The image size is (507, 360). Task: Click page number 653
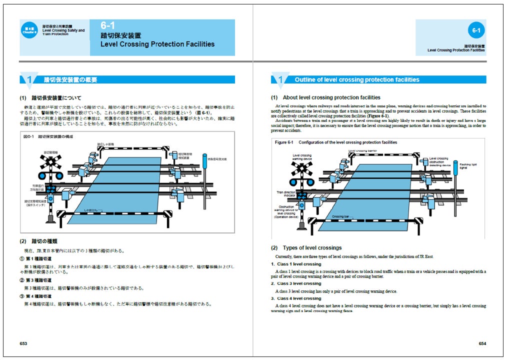pos(23,343)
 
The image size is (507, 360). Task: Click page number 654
pos(482,343)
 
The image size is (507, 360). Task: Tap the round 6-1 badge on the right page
pos(476,31)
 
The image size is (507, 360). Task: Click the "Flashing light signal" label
pos(467,166)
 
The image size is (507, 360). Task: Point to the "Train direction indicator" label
pos(286,193)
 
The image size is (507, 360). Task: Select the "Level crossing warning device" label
pos(302,157)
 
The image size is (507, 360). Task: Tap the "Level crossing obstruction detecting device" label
pos(439,161)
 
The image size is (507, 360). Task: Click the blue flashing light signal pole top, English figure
pos(455,163)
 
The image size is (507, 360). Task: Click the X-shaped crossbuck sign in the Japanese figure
pos(50,161)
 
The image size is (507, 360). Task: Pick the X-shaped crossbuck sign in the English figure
pos(302,168)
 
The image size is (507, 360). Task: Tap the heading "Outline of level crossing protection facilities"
pos(356,79)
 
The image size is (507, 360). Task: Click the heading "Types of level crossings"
pos(312,248)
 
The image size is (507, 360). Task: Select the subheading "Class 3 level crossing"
pos(299,283)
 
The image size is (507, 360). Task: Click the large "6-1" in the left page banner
pos(108,25)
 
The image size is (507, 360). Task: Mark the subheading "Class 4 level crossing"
pos(299,298)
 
